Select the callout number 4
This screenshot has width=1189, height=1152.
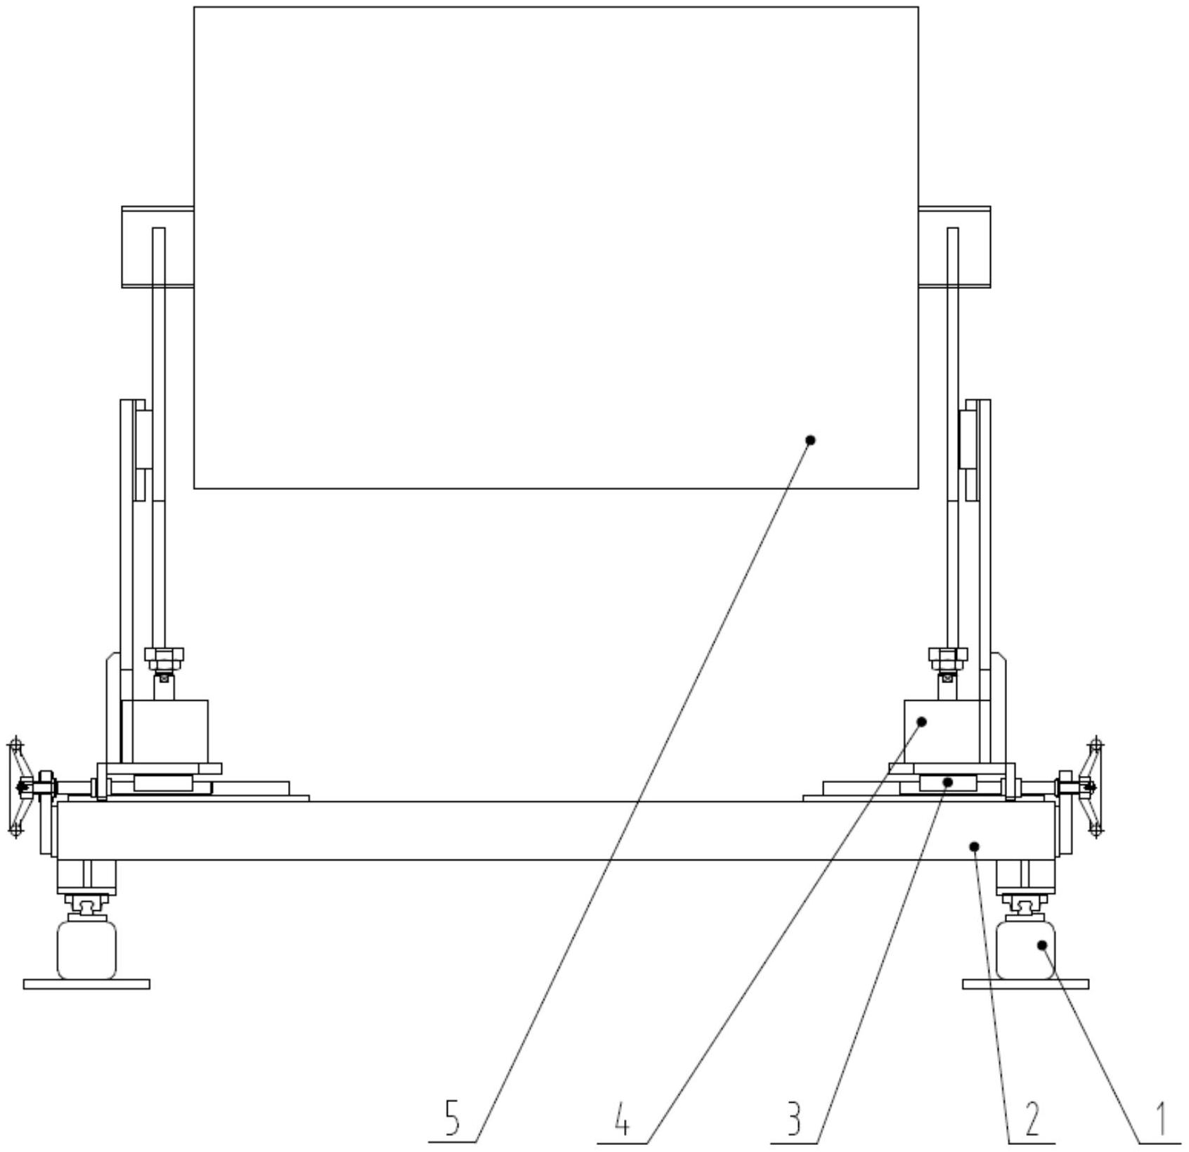622,1118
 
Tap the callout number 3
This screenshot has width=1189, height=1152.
794,1118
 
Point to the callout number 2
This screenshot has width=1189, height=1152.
1032,1118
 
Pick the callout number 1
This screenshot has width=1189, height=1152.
1160,1118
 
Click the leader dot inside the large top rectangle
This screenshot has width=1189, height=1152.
810,440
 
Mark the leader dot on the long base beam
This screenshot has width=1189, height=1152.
974,846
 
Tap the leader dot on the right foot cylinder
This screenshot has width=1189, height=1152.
1043,945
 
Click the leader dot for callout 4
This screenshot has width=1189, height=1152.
923,722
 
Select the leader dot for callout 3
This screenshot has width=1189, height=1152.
948,782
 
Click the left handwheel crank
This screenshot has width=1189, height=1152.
17,787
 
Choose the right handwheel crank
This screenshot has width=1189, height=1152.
1094,787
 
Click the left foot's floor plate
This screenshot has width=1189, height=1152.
86,984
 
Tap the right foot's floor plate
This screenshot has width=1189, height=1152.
1025,984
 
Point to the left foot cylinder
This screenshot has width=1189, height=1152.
86,950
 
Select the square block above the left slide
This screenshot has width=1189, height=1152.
165,731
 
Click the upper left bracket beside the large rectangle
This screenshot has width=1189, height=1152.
157,247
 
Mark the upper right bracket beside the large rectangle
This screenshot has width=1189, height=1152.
954,247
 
